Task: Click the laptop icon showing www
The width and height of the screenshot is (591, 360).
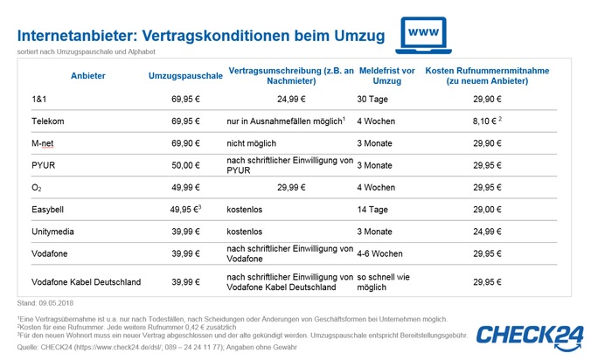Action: [423, 35]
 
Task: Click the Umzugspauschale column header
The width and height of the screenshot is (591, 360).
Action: [185, 76]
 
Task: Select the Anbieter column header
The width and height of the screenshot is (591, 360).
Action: [87, 76]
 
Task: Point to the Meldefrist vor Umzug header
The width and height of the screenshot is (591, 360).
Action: [387, 76]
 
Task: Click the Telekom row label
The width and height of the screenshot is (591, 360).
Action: [48, 121]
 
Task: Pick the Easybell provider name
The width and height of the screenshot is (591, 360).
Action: [47, 210]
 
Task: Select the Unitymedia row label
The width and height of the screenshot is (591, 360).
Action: [52, 232]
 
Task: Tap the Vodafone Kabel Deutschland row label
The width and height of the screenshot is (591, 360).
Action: [87, 282]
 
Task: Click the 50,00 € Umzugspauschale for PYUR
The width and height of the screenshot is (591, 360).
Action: [185, 165]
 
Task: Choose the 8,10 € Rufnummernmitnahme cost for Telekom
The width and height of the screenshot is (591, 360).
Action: [487, 121]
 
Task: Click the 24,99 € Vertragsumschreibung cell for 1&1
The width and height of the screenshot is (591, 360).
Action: [291, 99]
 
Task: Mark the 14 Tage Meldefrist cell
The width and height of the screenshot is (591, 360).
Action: [372, 210]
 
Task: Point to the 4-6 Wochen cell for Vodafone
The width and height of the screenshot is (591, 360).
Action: [379, 253]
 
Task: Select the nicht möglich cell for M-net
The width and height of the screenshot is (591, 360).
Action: [252, 143]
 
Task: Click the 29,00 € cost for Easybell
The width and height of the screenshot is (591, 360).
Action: [487, 210]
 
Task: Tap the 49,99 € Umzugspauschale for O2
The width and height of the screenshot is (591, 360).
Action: [185, 188]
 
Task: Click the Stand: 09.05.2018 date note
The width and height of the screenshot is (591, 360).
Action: [45, 303]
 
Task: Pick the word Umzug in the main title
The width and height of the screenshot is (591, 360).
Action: [359, 36]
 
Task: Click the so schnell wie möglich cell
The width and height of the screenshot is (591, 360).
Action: [383, 282]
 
